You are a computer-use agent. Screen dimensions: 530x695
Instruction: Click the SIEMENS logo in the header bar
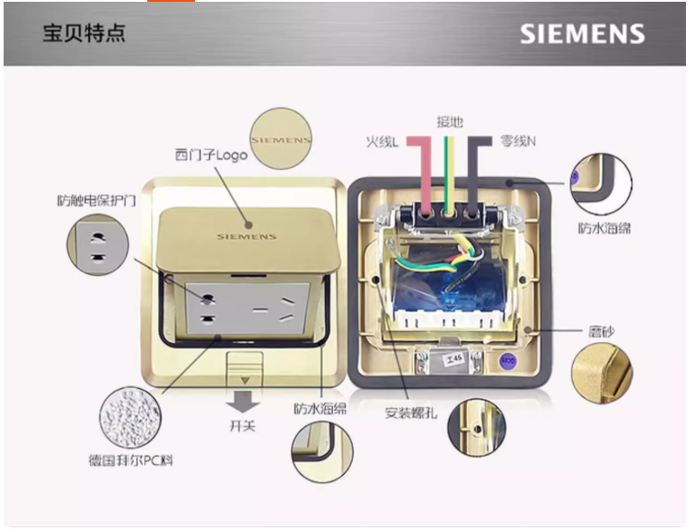(582, 34)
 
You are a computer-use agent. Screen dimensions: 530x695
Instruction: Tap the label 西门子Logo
(212, 154)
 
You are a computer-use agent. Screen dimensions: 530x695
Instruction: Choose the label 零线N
(518, 141)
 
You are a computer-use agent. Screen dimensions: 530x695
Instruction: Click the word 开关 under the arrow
(242, 425)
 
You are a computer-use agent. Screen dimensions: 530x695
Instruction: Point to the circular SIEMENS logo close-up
(280, 140)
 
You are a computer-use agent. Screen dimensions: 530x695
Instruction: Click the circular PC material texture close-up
(137, 419)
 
